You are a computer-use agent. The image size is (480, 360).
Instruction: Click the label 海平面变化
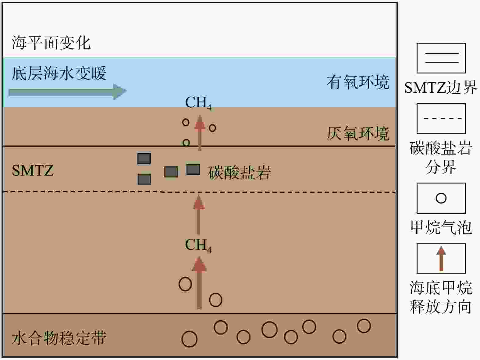point(51,43)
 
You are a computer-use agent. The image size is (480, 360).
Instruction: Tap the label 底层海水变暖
point(59,73)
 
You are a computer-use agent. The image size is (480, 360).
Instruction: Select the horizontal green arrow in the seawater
point(67,92)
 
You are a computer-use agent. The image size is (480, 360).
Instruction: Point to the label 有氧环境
point(358,82)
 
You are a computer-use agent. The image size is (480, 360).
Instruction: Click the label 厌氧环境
point(358,134)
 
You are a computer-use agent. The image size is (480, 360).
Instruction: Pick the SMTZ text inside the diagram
point(33,170)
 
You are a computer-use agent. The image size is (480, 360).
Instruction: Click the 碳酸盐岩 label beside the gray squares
point(240,173)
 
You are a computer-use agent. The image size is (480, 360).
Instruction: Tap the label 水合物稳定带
point(59,338)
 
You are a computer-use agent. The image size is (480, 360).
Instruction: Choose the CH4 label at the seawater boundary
point(198,103)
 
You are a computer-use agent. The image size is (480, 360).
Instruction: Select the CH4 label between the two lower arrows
point(198,245)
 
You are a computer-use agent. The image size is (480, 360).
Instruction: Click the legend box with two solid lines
point(441,58)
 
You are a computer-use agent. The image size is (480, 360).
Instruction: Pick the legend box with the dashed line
point(441,119)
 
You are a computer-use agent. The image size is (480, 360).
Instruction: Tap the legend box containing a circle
point(441,198)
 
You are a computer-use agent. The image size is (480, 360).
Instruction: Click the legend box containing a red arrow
point(441,258)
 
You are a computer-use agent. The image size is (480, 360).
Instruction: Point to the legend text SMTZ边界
point(441,87)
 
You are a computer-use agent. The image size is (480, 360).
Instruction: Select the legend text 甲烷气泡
point(441,227)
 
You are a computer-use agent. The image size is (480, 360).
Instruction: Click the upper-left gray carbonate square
point(144,158)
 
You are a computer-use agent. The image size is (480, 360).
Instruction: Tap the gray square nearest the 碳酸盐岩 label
point(193,169)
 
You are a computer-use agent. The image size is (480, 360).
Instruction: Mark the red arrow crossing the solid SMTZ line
point(200,133)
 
